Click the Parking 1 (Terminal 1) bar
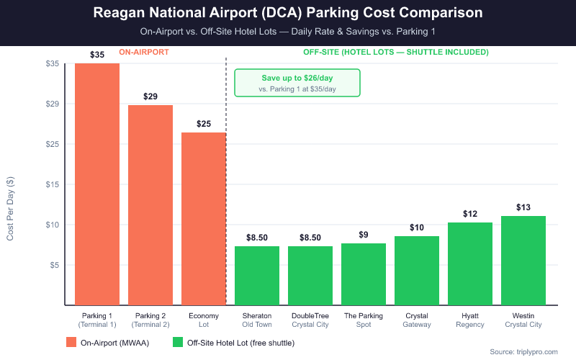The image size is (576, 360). [x=97, y=184]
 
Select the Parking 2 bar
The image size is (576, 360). [x=150, y=205]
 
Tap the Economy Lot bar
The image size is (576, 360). [x=204, y=219]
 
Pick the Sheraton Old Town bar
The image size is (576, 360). [x=257, y=276]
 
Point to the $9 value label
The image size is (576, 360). [x=364, y=235]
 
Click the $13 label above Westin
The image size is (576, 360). [x=523, y=207]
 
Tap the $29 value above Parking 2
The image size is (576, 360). [x=150, y=96]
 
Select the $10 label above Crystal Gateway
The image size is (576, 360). [x=417, y=228]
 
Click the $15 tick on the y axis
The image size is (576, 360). [x=51, y=184]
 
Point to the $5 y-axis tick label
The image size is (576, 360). [x=53, y=265]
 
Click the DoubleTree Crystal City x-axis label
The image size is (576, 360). [x=310, y=320]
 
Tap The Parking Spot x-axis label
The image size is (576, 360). [x=364, y=320]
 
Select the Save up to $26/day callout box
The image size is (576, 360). [x=297, y=83]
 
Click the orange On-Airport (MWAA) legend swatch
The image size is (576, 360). [x=72, y=343]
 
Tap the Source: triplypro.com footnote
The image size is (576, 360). [x=523, y=351]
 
